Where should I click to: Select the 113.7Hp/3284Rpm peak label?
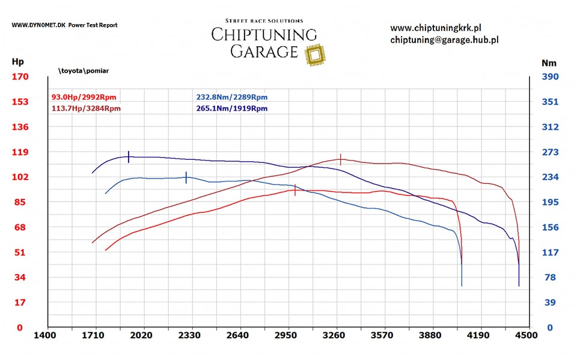(x=87, y=109)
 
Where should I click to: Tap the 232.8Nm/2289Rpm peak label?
(x=231, y=97)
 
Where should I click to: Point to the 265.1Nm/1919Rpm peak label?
(x=231, y=109)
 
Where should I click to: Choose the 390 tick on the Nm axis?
(x=550, y=77)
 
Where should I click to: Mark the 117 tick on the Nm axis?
(x=550, y=252)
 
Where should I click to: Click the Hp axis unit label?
(x=17, y=62)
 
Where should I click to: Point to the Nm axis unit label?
(x=549, y=63)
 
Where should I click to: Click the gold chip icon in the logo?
(x=313, y=55)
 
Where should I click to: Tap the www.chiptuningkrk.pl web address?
(x=436, y=28)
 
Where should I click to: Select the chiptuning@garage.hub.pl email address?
(x=444, y=40)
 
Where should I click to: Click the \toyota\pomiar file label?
(x=84, y=71)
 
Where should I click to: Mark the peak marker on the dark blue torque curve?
(x=129, y=157)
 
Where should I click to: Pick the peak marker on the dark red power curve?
(x=341, y=159)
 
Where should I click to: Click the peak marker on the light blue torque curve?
(x=186, y=177)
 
